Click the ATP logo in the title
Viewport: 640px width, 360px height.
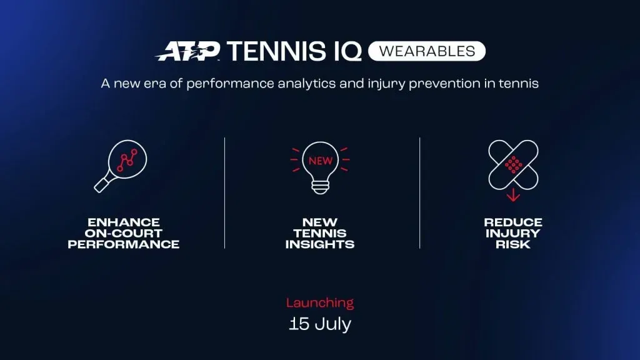coord(187,52)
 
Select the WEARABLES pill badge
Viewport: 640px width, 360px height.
coord(426,51)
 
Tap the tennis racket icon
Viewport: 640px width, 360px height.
coord(121,164)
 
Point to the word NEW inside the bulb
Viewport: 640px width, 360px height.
coord(320,160)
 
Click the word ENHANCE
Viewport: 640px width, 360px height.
coord(124,222)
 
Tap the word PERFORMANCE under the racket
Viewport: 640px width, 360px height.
coord(124,244)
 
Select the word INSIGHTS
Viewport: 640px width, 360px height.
coord(320,244)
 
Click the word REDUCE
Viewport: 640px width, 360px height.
coord(513,222)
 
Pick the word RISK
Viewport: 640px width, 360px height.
coord(513,244)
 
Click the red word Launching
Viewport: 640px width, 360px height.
coord(320,303)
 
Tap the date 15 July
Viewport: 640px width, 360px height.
coord(320,324)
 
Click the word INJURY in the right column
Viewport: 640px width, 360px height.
coord(513,234)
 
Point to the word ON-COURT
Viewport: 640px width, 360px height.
coord(124,234)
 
